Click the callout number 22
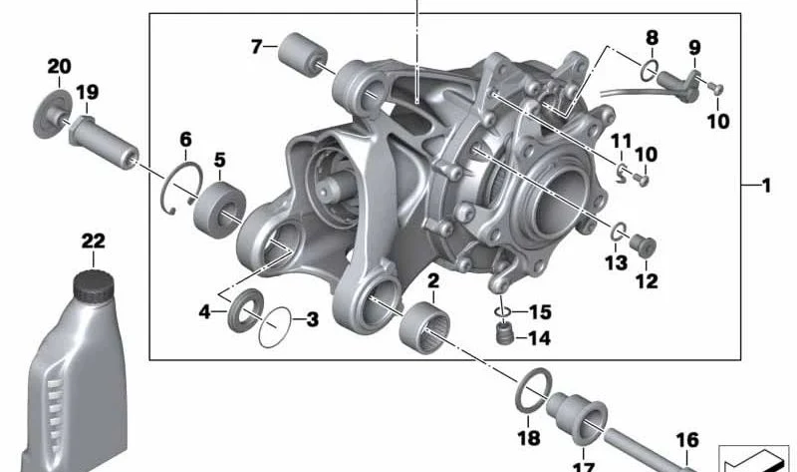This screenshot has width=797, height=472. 94,240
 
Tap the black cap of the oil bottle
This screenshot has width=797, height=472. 94,285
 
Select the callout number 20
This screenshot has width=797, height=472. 60,66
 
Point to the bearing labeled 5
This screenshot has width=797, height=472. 219,209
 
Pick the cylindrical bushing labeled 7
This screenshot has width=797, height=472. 304,54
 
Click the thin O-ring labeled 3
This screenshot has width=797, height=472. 275,328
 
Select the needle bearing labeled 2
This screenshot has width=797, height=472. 424,326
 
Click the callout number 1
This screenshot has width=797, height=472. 766,186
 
